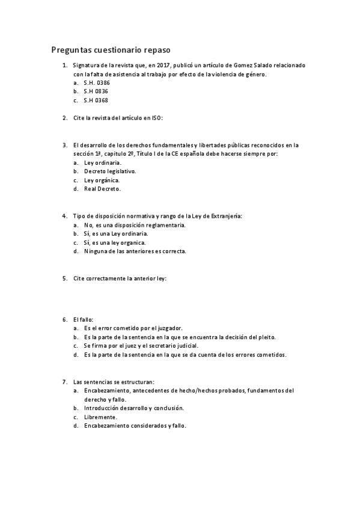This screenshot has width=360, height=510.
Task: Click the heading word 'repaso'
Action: (x=160, y=50)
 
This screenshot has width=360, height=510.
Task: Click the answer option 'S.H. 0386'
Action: (x=97, y=82)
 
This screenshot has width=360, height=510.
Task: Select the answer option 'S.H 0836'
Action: (x=96, y=91)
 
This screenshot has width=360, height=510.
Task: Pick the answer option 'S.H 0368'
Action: (x=96, y=100)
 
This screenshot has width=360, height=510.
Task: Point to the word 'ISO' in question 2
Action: (x=156, y=118)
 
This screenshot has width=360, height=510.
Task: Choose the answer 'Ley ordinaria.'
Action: (x=103, y=162)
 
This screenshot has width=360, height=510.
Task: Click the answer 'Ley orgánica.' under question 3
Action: (x=102, y=180)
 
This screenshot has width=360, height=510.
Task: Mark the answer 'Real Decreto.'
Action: (x=102, y=189)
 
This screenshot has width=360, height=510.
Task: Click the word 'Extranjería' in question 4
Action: (x=225, y=216)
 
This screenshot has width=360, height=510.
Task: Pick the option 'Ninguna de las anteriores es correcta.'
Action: (x=135, y=251)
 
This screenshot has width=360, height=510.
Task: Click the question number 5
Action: (x=64, y=278)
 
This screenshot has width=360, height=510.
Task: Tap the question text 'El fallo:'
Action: (x=83, y=319)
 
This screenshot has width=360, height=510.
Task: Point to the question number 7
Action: (x=64, y=381)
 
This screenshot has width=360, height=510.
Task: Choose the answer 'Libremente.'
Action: (x=100, y=417)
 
